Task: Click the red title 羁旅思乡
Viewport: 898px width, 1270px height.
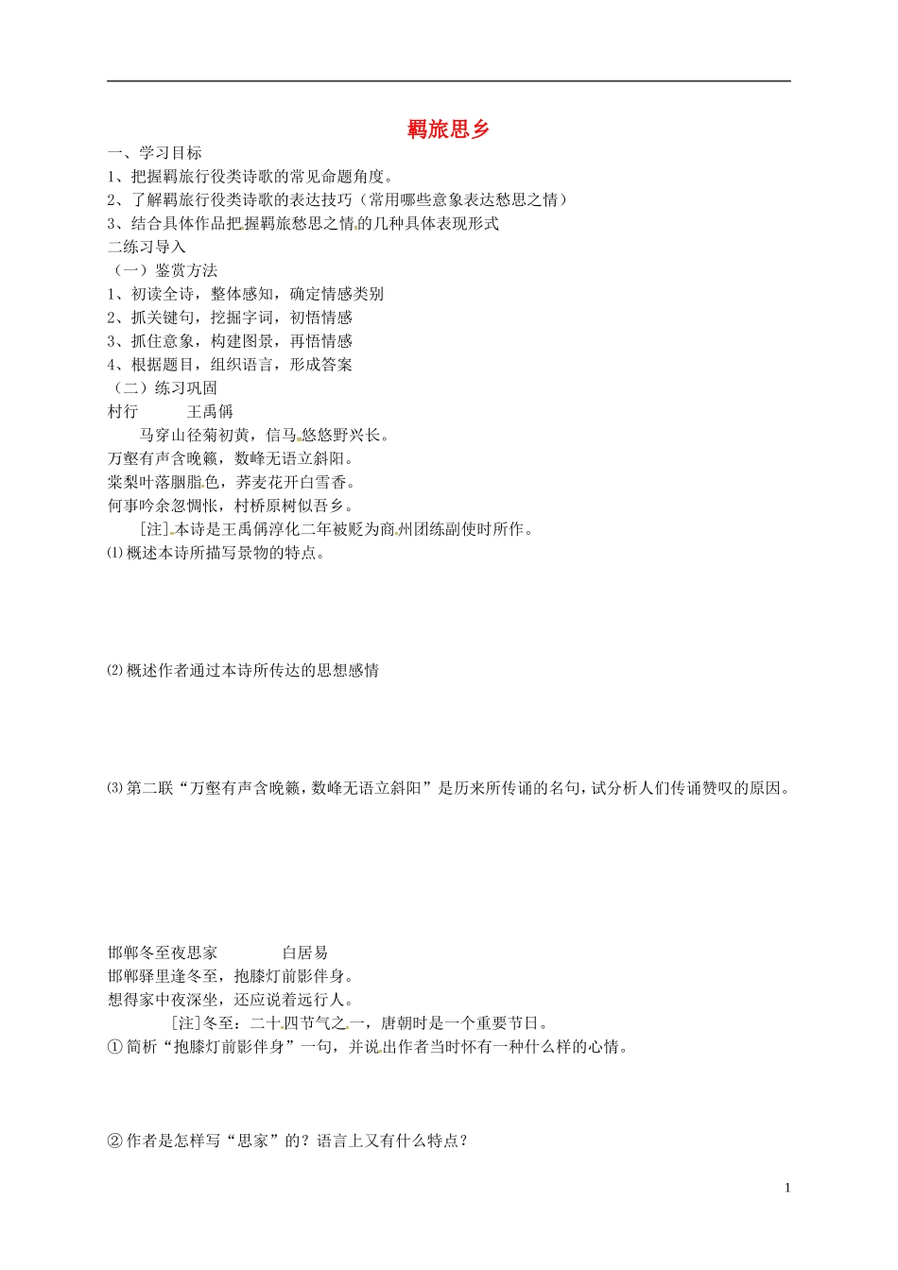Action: [x=449, y=129]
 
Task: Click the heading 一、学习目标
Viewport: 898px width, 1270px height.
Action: [x=155, y=153]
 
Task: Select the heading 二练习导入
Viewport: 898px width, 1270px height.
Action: [x=147, y=247]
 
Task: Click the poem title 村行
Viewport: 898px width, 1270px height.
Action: [x=124, y=411]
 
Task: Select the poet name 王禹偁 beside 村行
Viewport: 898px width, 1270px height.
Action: [x=210, y=411]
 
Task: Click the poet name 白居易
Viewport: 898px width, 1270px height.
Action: [x=305, y=952]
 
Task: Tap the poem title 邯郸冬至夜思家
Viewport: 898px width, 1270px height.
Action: [x=163, y=952]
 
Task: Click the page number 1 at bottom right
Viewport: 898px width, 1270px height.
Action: [x=786, y=1188]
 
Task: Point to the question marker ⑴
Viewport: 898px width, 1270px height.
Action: [x=114, y=553]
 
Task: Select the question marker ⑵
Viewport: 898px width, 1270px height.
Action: [x=114, y=671]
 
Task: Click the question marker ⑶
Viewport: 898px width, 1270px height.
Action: [x=114, y=788]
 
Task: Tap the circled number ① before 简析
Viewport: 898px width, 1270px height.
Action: [x=115, y=1047]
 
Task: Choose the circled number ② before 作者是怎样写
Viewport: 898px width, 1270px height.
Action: [x=115, y=1141]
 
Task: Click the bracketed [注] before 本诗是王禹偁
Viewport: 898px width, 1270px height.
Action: [x=153, y=529]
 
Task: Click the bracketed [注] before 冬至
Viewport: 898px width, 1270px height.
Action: [x=186, y=1023]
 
